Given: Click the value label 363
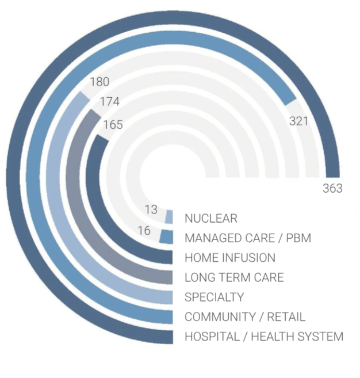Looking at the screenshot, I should click(332, 188).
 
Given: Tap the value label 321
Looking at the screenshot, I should click(299, 121).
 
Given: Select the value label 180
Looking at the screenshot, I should click(99, 82).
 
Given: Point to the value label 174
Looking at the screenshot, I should click(109, 102).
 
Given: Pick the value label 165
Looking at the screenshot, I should click(113, 124).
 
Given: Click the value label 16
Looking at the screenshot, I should click(144, 231).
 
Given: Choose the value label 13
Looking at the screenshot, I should click(151, 210).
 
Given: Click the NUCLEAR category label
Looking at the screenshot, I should click(210, 219).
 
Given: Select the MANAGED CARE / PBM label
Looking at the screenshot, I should click(247, 238).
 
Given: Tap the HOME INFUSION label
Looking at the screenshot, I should click(229, 258).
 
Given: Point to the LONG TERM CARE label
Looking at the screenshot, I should click(233, 277).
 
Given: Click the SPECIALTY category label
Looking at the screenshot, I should click(214, 297).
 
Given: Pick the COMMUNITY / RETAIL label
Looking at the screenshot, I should click(244, 316).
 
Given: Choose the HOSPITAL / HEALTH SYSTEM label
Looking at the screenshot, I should click(263, 337).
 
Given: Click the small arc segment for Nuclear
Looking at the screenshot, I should click(169, 217).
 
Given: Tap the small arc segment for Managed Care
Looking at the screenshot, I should click(166, 236).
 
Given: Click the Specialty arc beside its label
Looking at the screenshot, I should click(158, 296).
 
